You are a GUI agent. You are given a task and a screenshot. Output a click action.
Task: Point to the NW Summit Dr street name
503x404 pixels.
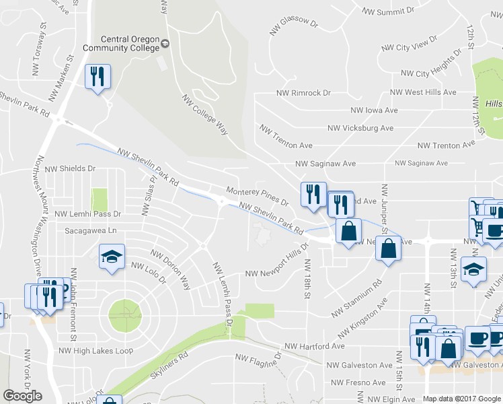(388, 11)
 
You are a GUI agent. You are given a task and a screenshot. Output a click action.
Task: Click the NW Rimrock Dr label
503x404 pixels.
(303, 93)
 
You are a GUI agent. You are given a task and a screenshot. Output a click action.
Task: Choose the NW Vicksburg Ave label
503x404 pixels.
(360, 128)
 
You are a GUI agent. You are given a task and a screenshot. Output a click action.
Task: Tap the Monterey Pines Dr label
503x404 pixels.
(258, 197)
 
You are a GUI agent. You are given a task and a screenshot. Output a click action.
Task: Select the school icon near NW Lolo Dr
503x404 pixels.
(112, 257)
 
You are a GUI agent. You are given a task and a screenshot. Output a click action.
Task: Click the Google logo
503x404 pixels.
(22, 396)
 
